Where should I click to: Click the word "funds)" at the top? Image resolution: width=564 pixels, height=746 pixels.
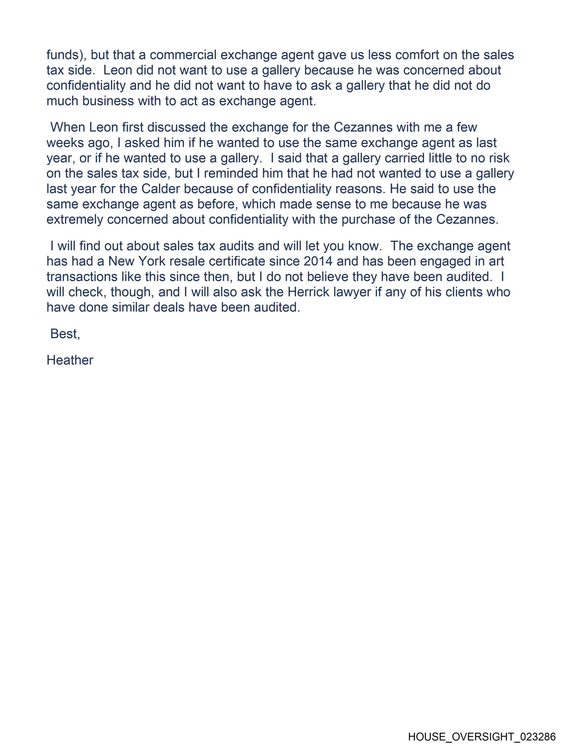pos(66,55)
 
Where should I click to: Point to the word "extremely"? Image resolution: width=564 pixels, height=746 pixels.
pos(75,220)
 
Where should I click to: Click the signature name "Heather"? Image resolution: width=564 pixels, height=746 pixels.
pos(70,360)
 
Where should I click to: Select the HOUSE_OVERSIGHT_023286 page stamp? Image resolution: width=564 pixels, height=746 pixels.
pos(482,736)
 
